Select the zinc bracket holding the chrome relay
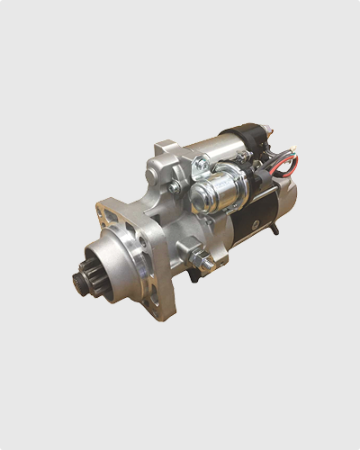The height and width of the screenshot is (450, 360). [x=203, y=166]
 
